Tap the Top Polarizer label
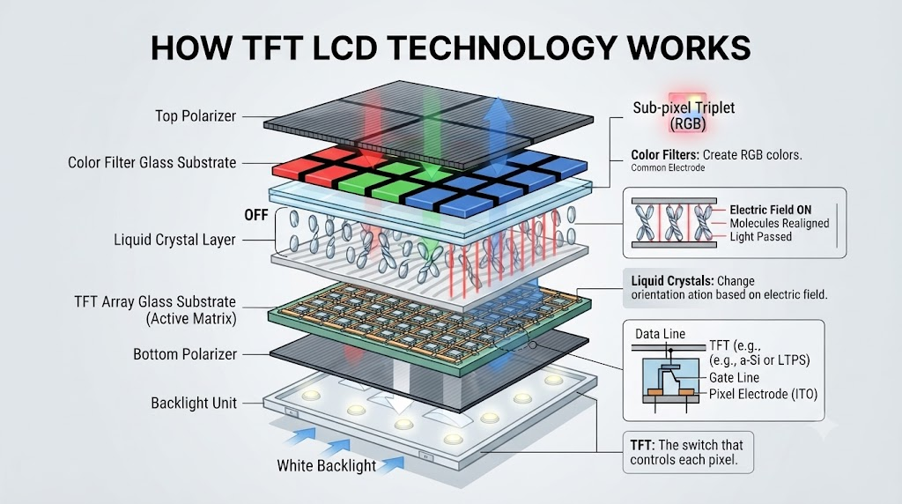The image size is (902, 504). (x=196, y=116)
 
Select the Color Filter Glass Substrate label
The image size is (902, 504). (x=152, y=163)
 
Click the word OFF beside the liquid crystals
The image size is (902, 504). (x=256, y=215)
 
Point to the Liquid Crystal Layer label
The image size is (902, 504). (x=175, y=240)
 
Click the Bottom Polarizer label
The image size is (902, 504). (x=185, y=354)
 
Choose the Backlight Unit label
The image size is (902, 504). (x=194, y=403)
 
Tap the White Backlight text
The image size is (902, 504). (x=326, y=465)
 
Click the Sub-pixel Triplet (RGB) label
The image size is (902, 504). (x=684, y=115)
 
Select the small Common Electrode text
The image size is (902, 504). (x=668, y=168)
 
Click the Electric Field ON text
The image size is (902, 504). (x=770, y=210)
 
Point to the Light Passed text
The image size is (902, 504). (x=760, y=236)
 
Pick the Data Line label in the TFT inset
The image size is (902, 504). (x=660, y=334)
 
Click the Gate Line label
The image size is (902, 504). (x=734, y=378)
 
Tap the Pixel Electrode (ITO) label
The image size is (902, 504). (x=763, y=394)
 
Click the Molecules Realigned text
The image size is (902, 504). (x=780, y=223)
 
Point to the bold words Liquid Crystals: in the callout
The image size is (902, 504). (x=672, y=281)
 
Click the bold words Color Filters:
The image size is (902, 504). (x=665, y=155)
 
